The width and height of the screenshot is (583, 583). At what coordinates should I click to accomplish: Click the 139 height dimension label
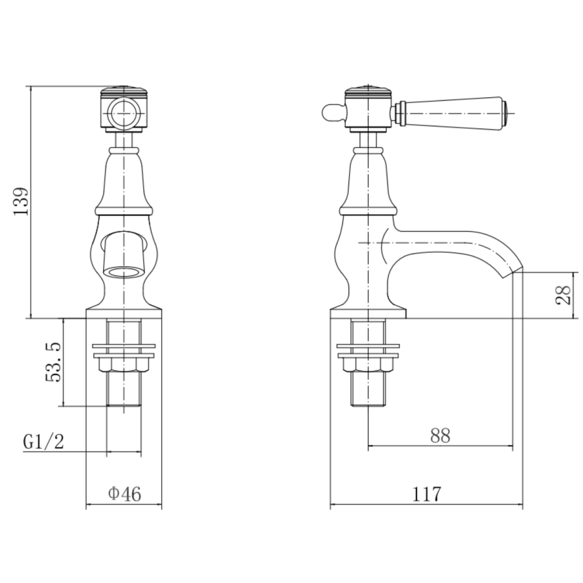point(21,201)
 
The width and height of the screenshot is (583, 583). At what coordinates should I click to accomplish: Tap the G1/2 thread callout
point(44,442)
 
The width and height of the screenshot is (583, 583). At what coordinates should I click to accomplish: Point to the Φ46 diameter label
point(124,494)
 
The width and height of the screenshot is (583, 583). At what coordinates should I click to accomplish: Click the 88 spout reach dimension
point(440,435)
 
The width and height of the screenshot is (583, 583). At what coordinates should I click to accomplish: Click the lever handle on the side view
point(453,114)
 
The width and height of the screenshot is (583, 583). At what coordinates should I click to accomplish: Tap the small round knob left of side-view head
point(331,114)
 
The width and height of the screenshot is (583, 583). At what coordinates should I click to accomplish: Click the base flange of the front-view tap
point(123,314)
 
